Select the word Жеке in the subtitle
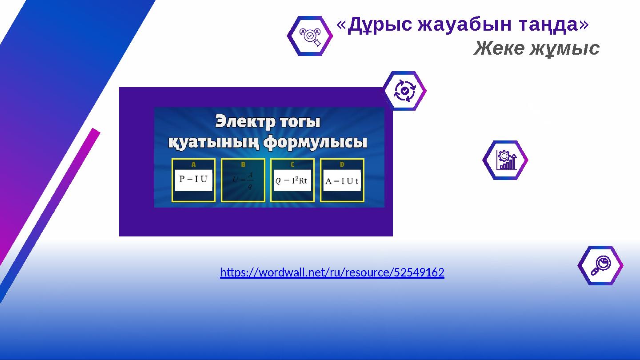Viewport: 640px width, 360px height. [x=499, y=48]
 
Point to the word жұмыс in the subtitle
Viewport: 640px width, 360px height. [x=565, y=48]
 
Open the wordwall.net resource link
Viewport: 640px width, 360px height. [x=332, y=272]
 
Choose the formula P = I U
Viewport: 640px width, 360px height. [x=193, y=180]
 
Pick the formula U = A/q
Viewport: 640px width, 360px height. [x=243, y=180]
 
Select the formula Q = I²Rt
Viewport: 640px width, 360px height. [x=292, y=180]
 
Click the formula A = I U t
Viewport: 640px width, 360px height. [x=342, y=180]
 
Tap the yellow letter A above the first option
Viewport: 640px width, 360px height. [x=193, y=164]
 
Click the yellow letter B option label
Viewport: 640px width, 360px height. [x=243, y=164]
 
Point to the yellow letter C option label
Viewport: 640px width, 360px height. [x=292, y=164]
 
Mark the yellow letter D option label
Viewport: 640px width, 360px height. [x=342, y=164]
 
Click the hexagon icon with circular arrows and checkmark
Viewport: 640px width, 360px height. [x=404, y=91]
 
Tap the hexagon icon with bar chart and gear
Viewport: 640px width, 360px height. [x=505, y=160]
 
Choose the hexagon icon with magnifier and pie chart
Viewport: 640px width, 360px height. [x=600, y=265]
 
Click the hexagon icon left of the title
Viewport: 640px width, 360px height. [x=310, y=36]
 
